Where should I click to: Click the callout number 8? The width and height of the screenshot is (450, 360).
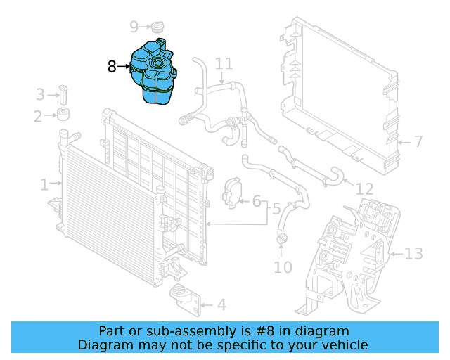click(112, 67)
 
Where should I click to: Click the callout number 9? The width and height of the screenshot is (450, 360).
click(134, 27)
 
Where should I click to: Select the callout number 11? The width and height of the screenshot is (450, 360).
click(224, 64)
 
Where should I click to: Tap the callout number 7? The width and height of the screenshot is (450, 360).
click(418, 142)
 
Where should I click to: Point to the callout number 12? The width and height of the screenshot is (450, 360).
click(364, 189)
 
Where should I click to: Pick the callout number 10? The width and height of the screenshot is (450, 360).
click(283, 267)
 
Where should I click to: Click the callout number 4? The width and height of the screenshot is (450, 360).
click(221, 305)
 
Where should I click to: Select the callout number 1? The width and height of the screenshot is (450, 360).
click(44, 185)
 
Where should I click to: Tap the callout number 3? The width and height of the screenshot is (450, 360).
click(40, 94)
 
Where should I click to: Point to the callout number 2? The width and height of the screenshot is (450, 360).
click(38, 117)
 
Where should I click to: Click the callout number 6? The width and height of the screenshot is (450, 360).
click(257, 202)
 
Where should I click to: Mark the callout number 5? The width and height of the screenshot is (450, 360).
click(276, 209)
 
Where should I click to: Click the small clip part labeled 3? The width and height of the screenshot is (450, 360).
click(63, 94)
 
